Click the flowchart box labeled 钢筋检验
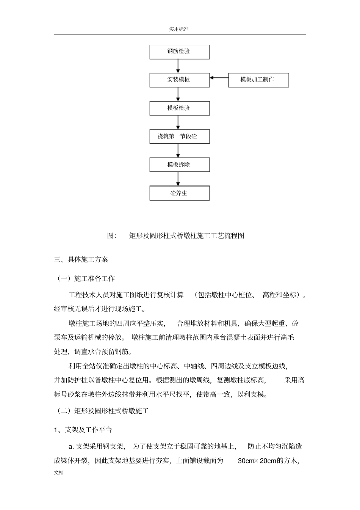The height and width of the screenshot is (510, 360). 180,52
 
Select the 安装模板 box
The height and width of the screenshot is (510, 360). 180,80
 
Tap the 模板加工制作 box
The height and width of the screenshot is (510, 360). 258,80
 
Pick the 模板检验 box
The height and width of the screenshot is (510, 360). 180,108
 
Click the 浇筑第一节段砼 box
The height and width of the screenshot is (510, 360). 180,137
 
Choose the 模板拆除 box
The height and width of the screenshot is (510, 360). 180,165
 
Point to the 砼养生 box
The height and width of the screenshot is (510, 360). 180,193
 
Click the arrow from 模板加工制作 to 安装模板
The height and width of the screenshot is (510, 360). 219,78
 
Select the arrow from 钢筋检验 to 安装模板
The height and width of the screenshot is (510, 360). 178,66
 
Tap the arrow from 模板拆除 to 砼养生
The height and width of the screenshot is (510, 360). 178,179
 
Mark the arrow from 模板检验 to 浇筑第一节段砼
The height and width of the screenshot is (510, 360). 178,122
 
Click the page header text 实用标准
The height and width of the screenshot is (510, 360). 179,29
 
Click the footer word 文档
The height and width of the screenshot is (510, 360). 59,473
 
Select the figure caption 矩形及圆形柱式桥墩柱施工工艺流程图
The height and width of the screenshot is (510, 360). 186,235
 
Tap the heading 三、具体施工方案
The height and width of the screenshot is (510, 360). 81,260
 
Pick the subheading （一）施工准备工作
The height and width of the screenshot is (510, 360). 85,278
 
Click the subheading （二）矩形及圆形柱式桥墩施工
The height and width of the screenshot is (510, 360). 102,411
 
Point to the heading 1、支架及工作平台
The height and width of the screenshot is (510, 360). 83,430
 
